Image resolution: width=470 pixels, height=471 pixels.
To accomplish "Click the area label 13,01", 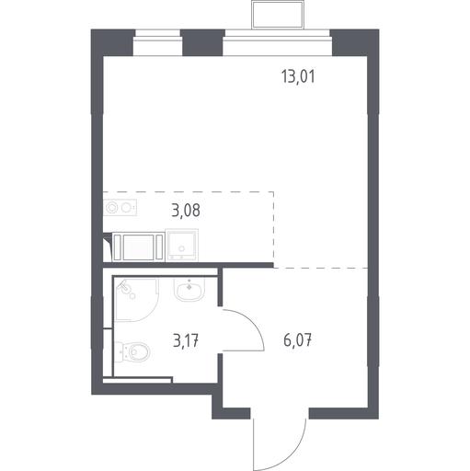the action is (298, 76).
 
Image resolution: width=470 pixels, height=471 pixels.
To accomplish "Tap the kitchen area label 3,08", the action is (186, 211).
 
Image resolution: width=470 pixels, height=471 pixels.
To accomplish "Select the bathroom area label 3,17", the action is (186, 340).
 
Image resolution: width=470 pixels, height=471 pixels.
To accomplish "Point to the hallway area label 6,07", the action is (298, 340).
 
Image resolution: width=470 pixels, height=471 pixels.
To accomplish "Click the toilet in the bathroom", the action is (132, 351).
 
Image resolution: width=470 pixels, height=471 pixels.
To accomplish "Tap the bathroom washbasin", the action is (189, 290).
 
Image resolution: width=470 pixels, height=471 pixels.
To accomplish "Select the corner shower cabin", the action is (136, 299).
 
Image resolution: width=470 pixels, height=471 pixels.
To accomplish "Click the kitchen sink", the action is (182, 246).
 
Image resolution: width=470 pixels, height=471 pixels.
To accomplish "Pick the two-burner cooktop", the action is (120, 208).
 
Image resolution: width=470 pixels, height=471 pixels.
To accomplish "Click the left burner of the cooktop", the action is (111, 208).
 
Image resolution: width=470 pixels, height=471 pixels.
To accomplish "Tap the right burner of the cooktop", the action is (126, 208).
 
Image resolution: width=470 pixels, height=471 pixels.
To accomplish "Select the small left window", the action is (157, 42).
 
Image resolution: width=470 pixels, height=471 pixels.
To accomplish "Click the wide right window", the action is (278, 42).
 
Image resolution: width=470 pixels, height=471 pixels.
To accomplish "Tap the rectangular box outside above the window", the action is (278, 15).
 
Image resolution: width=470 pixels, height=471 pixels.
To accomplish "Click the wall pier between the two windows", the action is (202, 42).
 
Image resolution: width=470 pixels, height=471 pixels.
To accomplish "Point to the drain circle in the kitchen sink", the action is (182, 248).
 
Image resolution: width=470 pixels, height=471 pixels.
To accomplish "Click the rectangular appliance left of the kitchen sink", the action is (138, 247).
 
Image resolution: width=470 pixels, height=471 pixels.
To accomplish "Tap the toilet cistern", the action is (119, 351).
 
